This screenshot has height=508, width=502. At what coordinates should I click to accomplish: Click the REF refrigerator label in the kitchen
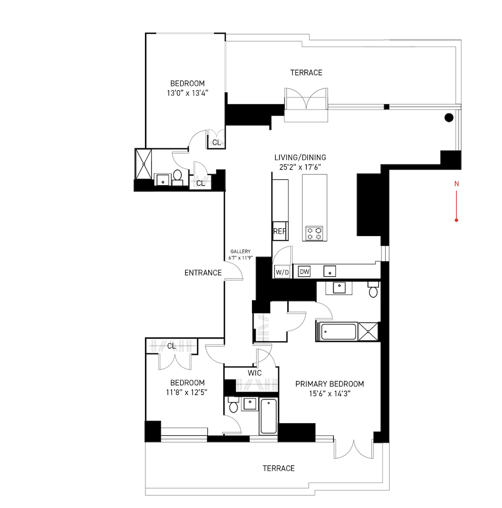[280, 231]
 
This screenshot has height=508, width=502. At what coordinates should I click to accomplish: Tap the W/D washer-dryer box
[282, 272]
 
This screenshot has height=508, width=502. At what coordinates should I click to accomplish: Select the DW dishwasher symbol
[304, 272]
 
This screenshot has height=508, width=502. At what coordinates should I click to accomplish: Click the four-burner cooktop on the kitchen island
[314, 233]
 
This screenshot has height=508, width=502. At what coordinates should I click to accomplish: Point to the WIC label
[254, 373]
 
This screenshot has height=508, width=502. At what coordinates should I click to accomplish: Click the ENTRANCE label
[203, 273]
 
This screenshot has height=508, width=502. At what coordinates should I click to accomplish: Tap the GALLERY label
[240, 252]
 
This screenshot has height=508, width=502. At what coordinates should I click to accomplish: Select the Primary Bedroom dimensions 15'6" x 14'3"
[329, 394]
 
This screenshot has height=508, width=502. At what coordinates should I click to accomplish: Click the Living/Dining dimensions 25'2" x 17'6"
[300, 167]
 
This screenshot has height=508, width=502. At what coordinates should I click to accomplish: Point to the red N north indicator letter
[456, 184]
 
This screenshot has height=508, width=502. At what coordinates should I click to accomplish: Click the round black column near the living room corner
[449, 118]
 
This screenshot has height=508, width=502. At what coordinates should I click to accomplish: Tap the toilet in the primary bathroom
[374, 290]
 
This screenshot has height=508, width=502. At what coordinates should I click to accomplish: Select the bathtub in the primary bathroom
[338, 332]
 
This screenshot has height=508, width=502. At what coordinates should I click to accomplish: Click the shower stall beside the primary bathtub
[368, 332]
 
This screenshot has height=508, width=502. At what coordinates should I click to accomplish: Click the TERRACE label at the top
[306, 73]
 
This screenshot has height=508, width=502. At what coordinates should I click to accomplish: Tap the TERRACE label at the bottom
[279, 468]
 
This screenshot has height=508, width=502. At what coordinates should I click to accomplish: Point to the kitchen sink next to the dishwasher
[329, 271]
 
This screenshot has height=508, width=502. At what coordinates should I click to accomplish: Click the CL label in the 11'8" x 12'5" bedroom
[172, 346]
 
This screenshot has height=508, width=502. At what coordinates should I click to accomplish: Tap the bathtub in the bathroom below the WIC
[269, 416]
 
